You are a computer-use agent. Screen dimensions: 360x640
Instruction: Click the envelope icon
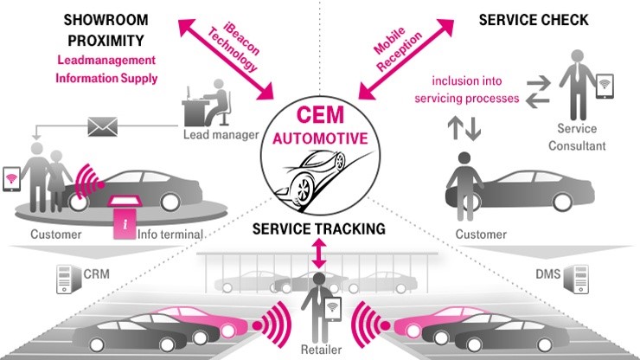pos(103,127)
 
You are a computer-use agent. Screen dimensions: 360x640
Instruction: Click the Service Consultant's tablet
pos(606,83)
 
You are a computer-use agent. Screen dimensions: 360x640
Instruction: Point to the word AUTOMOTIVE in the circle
pos(320,138)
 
